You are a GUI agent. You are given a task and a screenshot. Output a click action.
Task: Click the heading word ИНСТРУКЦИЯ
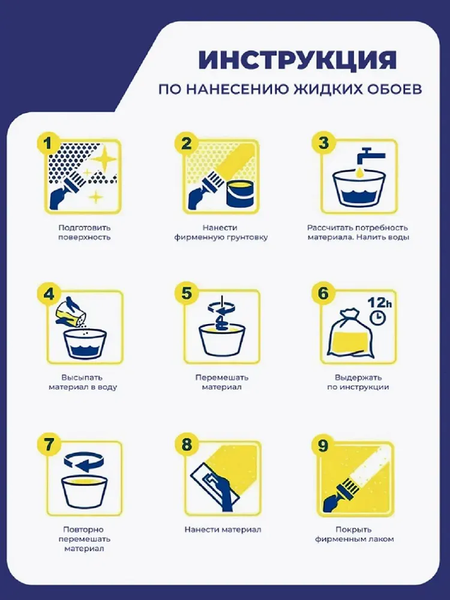[x=297, y=59]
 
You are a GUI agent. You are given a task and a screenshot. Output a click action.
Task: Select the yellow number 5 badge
[x=185, y=294]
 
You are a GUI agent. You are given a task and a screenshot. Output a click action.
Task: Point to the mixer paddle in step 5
[x=223, y=318]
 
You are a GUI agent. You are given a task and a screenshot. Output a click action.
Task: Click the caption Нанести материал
[x=223, y=529]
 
